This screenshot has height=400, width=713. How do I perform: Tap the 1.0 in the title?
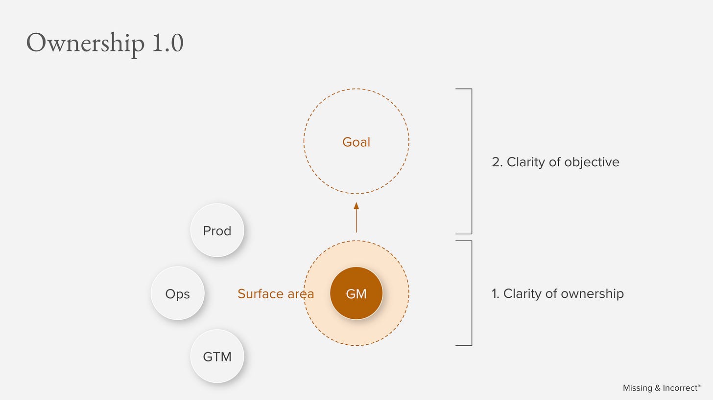point(167,43)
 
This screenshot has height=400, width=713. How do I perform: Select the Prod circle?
point(217,230)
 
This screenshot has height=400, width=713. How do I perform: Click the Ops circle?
point(177,293)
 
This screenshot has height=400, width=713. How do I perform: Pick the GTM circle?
point(217,356)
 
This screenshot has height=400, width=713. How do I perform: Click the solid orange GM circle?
point(356,293)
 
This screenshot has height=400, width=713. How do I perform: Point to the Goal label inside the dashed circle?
point(356,142)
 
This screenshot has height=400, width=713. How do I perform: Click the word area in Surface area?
point(301,293)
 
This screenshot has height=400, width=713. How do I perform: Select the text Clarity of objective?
point(563,162)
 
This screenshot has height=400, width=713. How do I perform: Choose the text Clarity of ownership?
point(563,293)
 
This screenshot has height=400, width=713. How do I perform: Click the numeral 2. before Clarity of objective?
point(497,162)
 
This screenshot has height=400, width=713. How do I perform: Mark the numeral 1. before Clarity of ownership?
point(496,293)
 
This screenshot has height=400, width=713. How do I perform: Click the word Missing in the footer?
point(637,388)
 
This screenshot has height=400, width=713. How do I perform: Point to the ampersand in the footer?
point(657,388)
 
